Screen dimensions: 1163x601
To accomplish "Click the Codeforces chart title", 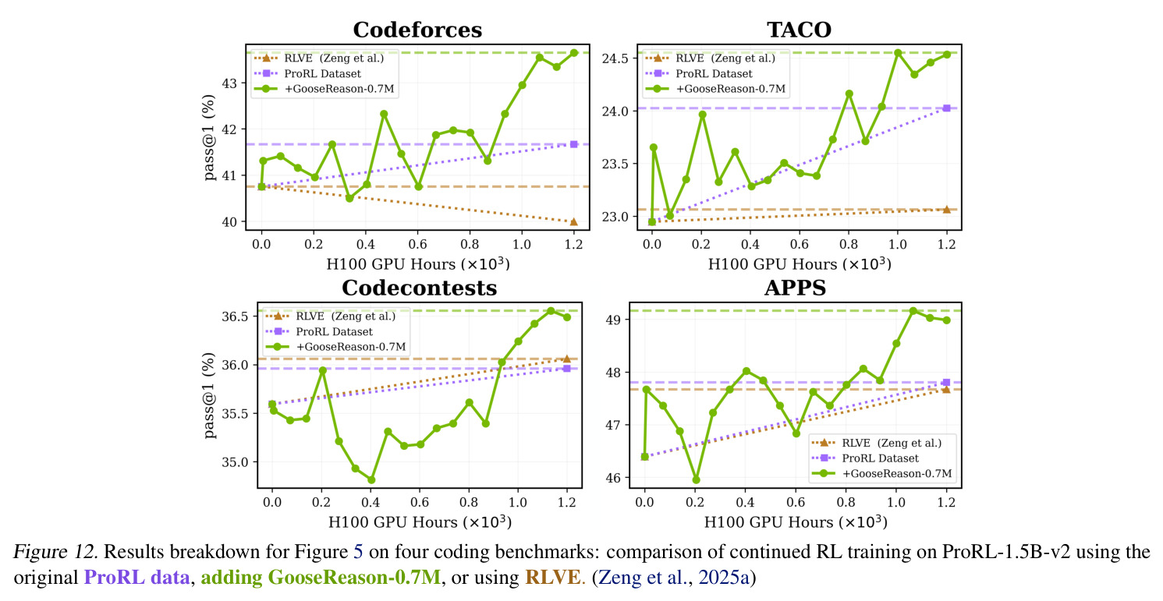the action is click(x=417, y=30).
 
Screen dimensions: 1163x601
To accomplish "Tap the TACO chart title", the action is click(x=799, y=30).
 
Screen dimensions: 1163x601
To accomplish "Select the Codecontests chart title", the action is click(x=420, y=288).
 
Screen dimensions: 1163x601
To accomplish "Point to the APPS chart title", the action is click(x=795, y=288).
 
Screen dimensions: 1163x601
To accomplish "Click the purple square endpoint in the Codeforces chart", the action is click(x=574, y=144).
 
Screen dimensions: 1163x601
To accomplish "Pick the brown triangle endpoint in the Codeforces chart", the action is click(x=574, y=221).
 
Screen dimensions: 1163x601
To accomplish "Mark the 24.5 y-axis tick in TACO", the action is click(x=615, y=58).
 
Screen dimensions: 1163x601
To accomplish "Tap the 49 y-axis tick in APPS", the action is click(x=614, y=320).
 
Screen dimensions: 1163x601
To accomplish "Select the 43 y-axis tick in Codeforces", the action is click(x=229, y=83).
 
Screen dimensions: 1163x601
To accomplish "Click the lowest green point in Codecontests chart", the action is click(x=371, y=480).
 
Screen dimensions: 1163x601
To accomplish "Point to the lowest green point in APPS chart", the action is click(x=697, y=479).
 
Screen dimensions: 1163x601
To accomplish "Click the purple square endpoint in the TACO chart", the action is click(x=946, y=108).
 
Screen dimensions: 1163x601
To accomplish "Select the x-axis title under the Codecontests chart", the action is click(x=420, y=522).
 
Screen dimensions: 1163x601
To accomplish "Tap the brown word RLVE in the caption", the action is click(x=554, y=577).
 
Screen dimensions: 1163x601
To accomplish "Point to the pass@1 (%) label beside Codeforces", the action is click(x=209, y=137).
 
